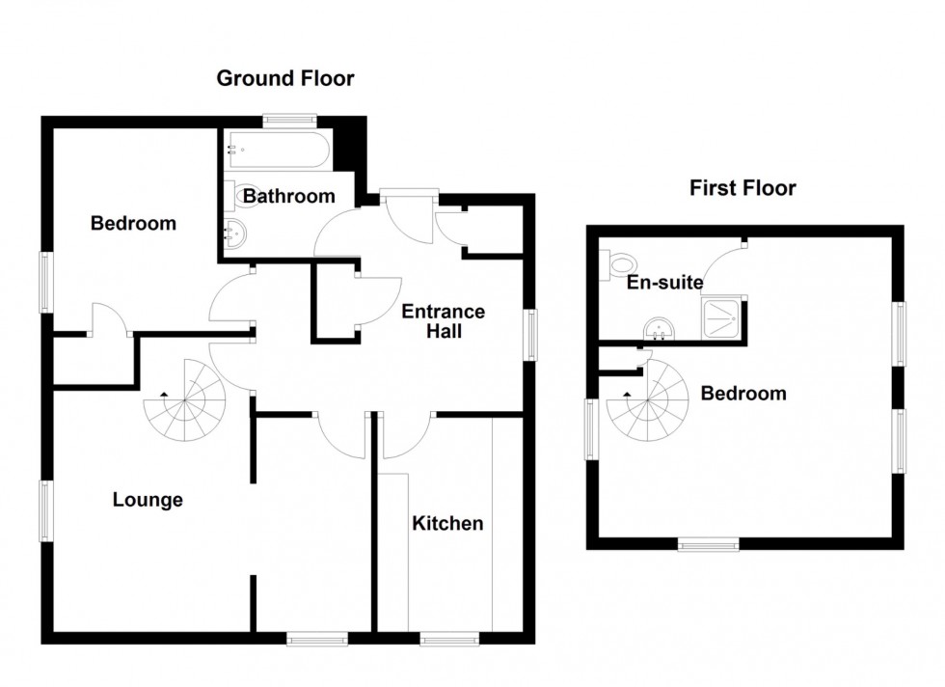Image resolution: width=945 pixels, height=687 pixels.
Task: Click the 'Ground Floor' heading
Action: click(284, 79)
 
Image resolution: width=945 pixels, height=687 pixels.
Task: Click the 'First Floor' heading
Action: click(742, 188)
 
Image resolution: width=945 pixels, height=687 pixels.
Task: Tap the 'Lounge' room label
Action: click(148, 500)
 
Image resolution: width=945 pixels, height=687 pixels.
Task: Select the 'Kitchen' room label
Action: click(447, 524)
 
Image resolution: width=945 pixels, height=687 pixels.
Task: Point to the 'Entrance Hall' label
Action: click(443, 322)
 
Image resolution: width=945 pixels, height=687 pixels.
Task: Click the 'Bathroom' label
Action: click(288, 197)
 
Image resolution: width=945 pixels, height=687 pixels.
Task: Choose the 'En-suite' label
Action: click(663, 283)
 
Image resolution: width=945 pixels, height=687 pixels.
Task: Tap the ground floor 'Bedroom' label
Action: click(133, 224)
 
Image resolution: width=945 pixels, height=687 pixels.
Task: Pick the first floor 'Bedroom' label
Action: click(742, 394)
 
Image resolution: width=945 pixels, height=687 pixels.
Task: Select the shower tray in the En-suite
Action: click(723, 318)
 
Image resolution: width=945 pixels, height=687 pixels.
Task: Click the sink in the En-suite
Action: click(659, 331)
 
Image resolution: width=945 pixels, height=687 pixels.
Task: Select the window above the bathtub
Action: click(290, 121)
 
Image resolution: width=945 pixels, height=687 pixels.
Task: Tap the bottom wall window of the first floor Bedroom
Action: click(709, 544)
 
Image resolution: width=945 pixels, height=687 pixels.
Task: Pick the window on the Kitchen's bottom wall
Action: click(449, 638)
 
